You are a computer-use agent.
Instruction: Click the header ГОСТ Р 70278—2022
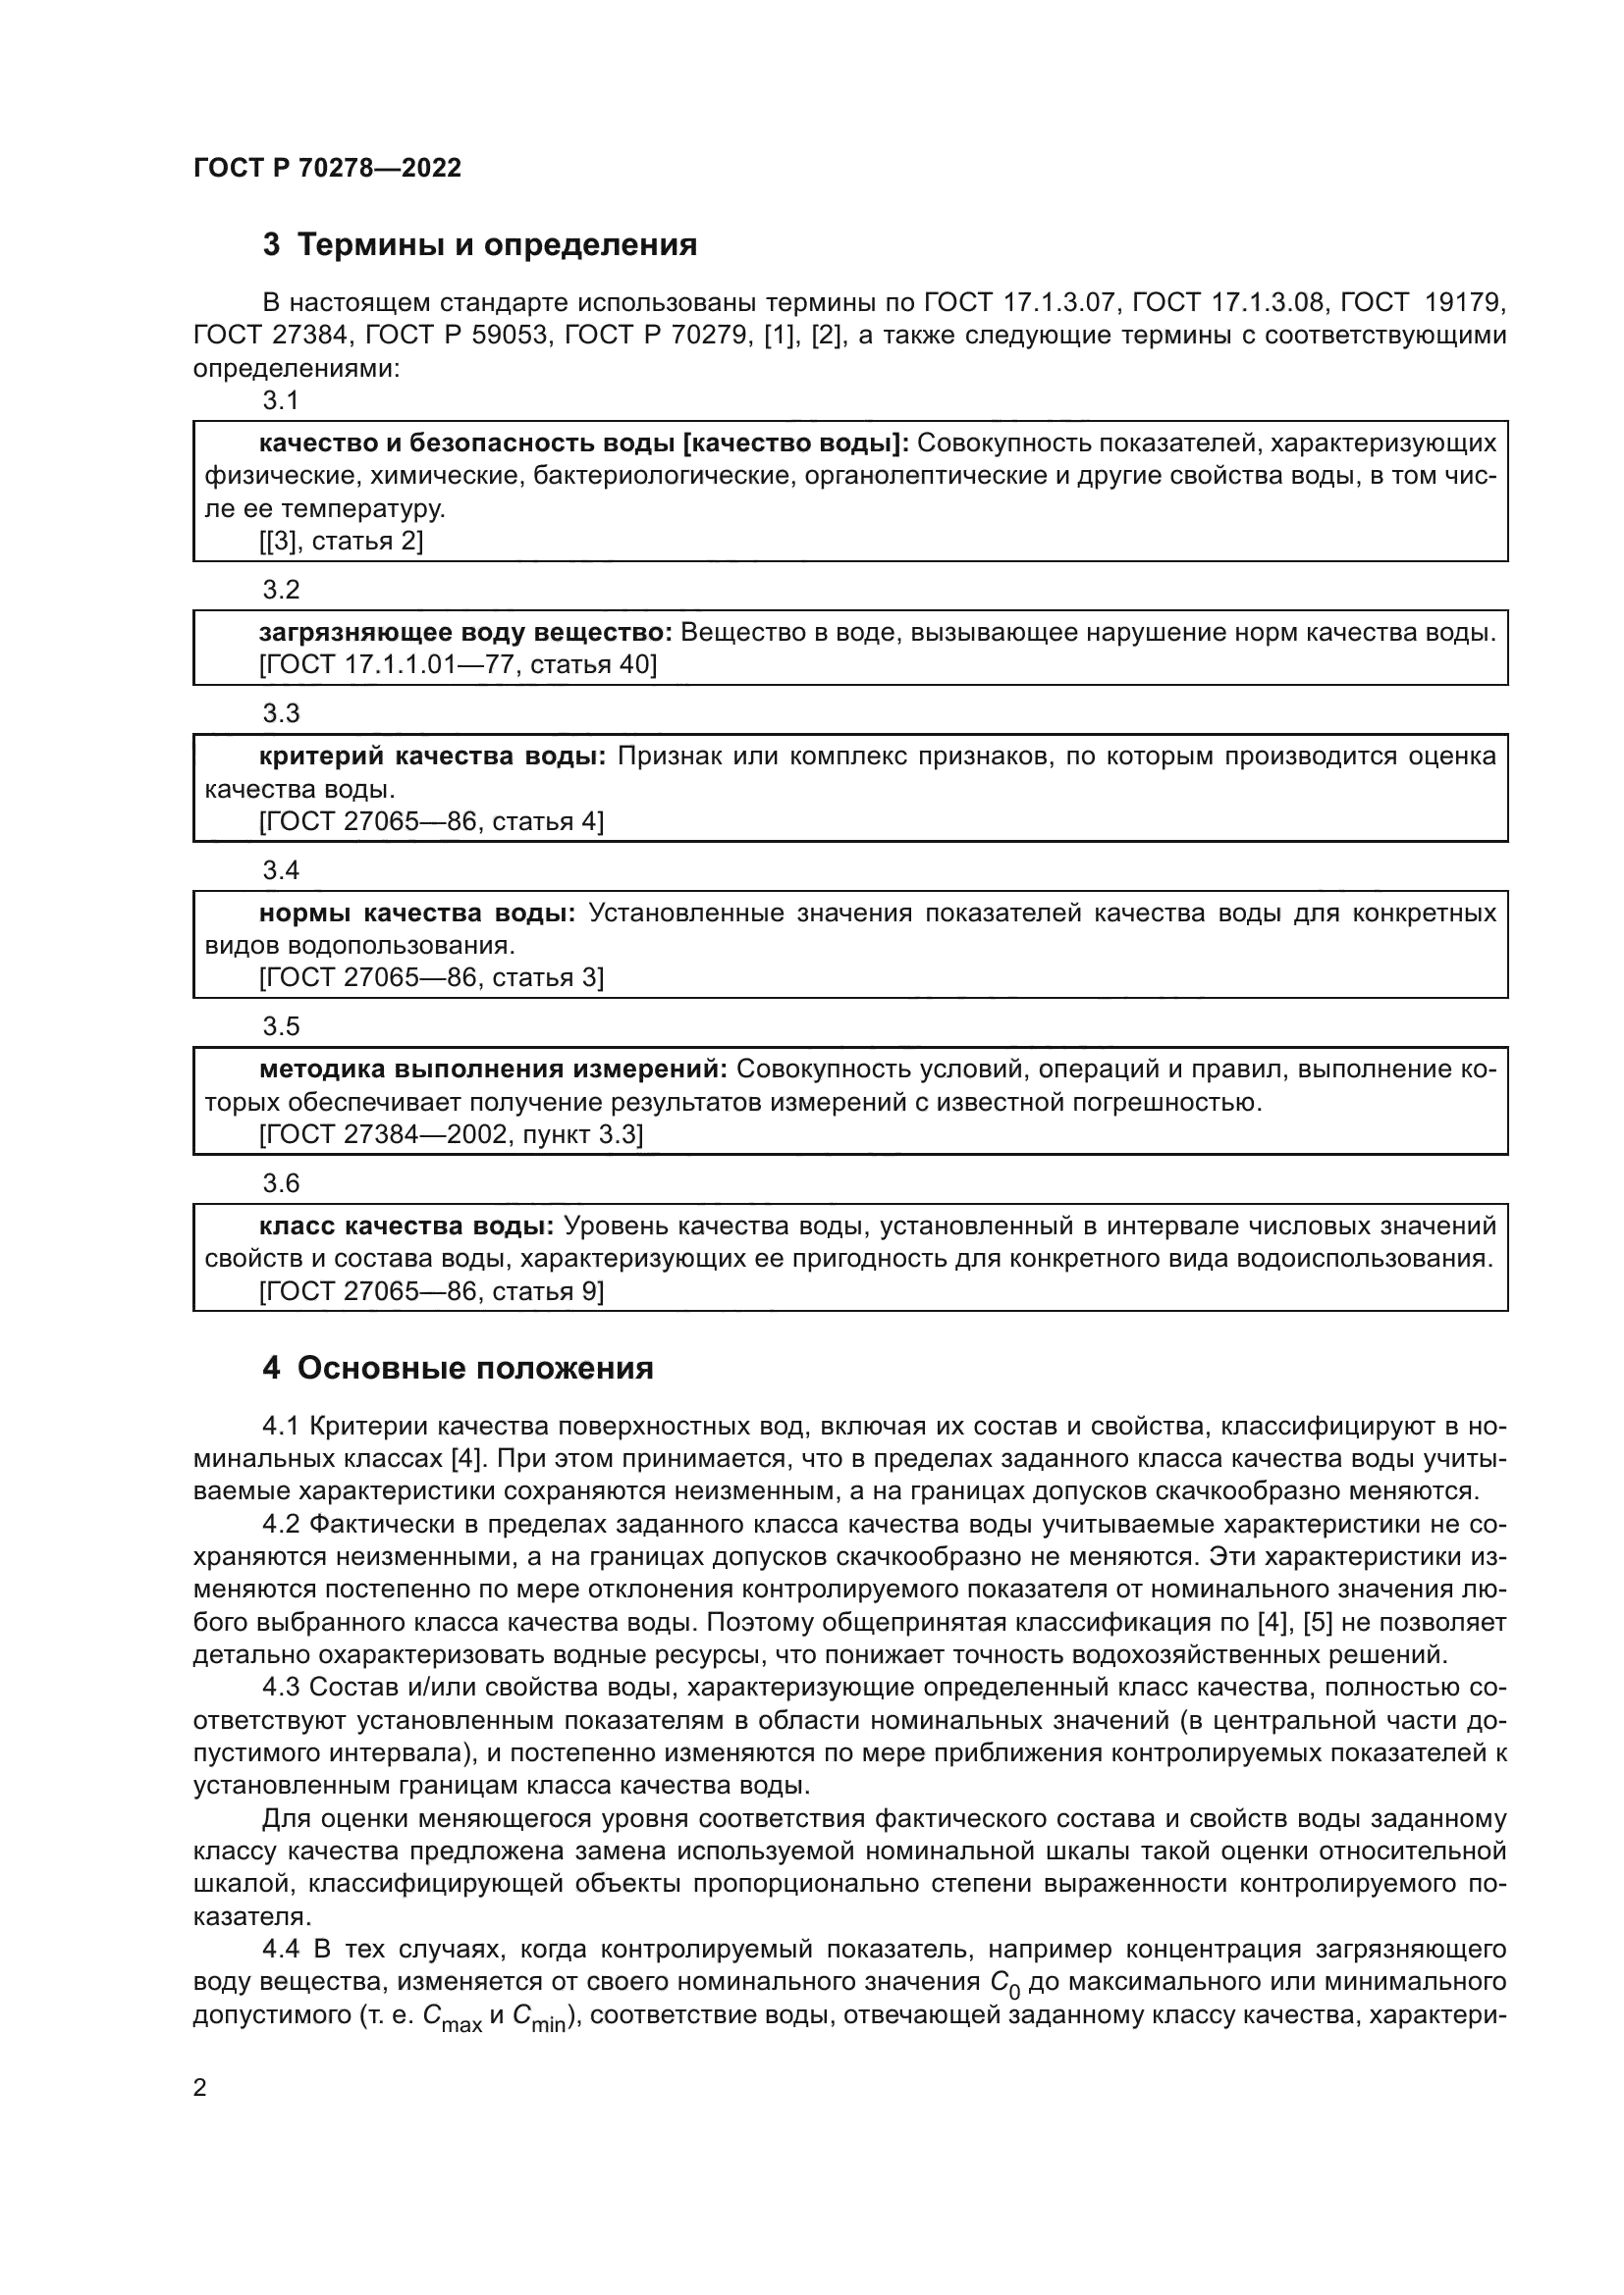click(x=327, y=168)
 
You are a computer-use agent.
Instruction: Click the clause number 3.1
click(x=281, y=401)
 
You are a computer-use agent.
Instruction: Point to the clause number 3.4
click(x=281, y=870)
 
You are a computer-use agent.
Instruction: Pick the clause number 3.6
click(x=281, y=1183)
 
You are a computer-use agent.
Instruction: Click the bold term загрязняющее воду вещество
click(x=466, y=633)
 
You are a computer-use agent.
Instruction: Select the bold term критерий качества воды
click(x=432, y=756)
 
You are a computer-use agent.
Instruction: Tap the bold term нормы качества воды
click(x=417, y=913)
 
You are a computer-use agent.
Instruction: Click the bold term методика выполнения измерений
click(x=494, y=1069)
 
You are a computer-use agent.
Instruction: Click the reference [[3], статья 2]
click(x=341, y=542)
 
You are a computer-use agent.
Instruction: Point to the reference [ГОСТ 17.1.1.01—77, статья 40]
click(x=458, y=664)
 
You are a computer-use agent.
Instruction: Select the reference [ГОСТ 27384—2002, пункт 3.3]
click(x=451, y=1134)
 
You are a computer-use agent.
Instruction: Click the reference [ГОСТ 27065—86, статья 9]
click(x=431, y=1291)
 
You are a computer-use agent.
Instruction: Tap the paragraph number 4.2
click(x=281, y=1525)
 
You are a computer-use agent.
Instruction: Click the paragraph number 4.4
click(x=281, y=1950)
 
